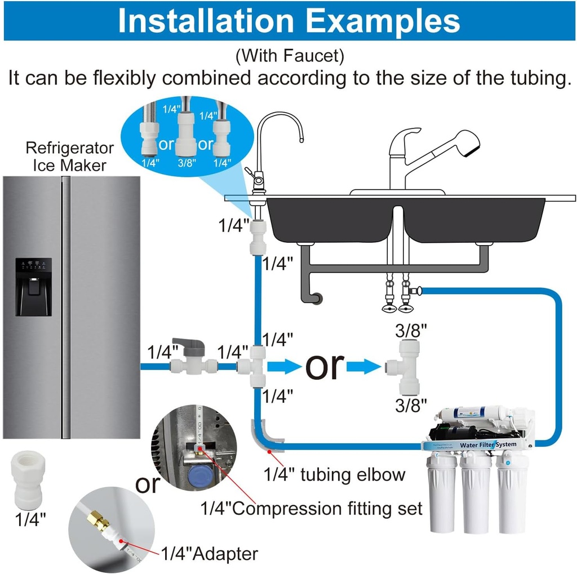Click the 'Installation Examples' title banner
click(x=288, y=20)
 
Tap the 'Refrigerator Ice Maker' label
click(x=69, y=157)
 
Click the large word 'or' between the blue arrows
click(x=325, y=366)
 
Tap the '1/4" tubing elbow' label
click(x=335, y=474)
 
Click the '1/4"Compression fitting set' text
click(x=312, y=509)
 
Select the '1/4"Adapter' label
click(x=209, y=553)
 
